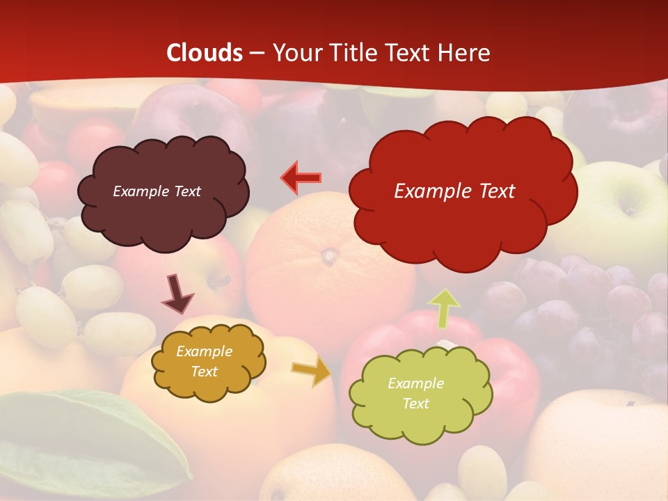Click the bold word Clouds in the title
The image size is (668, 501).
pos(205,53)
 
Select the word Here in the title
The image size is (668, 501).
pos(465,53)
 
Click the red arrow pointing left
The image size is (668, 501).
pos(301,178)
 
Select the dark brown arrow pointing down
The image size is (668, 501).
pos(177,294)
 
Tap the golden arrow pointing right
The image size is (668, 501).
pos(312,372)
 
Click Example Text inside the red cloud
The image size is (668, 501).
pos(454,191)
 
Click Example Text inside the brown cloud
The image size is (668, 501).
pos(157,191)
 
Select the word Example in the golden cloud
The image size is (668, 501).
pos(204,351)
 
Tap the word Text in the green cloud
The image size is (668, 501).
pos(415,404)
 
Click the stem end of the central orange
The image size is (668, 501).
pos(329,258)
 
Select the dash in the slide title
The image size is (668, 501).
pos(257,54)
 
